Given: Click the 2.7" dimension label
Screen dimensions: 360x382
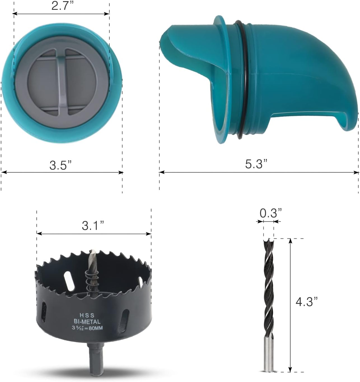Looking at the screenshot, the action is click(x=60, y=6).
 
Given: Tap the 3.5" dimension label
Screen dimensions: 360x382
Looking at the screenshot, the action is click(x=60, y=165).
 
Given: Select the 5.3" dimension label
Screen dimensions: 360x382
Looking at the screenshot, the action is click(x=256, y=164).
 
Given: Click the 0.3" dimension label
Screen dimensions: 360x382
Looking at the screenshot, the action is click(x=271, y=213).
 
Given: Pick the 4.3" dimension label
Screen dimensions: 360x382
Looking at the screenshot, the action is click(x=306, y=301).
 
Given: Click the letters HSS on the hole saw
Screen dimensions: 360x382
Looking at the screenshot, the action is click(x=87, y=315).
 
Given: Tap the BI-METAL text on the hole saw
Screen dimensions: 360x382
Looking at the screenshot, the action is click(x=87, y=322).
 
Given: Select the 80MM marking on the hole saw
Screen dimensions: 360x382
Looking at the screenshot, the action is click(x=96, y=328).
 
